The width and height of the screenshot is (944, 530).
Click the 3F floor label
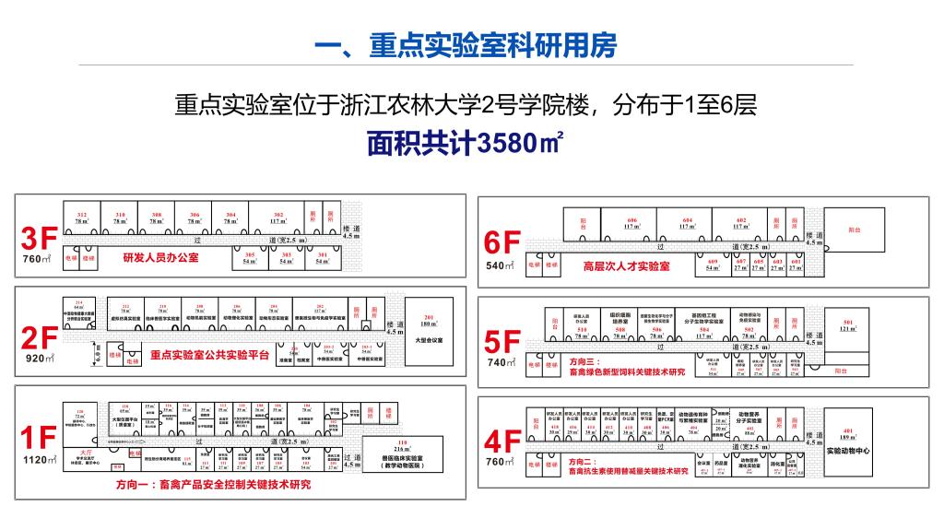click(x=40, y=240)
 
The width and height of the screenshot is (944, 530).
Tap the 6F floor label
click(x=503, y=242)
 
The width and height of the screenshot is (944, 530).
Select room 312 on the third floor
click(x=82, y=218)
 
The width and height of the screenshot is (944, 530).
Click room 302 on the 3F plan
click(x=277, y=218)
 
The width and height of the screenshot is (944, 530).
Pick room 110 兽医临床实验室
click(x=402, y=453)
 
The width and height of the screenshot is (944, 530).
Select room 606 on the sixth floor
click(x=631, y=222)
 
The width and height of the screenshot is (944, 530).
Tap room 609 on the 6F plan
click(x=712, y=265)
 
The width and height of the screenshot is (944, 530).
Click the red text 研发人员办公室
click(x=160, y=258)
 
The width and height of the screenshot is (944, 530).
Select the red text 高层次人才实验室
click(x=626, y=266)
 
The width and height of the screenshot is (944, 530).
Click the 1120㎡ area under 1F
click(x=40, y=460)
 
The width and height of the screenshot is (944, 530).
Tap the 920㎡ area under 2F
click(x=40, y=359)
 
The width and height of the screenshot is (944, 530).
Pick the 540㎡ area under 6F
click(x=503, y=266)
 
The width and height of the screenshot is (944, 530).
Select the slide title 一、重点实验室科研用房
click(x=466, y=46)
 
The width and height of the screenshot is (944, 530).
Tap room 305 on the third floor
click(x=249, y=258)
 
